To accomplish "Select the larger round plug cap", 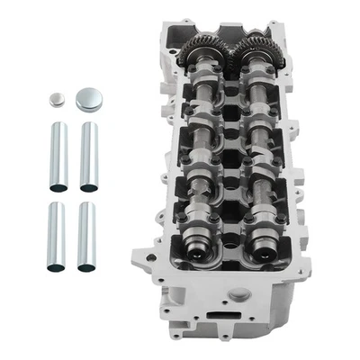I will point(89,97).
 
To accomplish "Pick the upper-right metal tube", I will point(88,156).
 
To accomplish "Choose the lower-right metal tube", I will point(86,236).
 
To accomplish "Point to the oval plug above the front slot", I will point(238,294).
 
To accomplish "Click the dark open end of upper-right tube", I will point(88,187).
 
